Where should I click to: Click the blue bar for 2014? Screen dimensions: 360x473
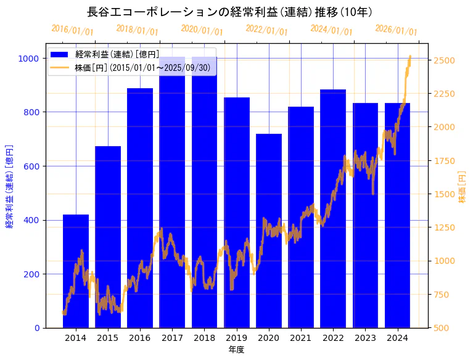click(x=76, y=271)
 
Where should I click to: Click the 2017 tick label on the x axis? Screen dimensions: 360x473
click(x=172, y=338)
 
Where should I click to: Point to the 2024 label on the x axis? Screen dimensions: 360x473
click(x=398, y=338)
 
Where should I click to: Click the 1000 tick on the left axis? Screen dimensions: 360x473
click(x=28, y=59)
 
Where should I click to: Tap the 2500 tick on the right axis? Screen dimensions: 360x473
click(x=445, y=60)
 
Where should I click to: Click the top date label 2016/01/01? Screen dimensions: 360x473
click(x=72, y=30)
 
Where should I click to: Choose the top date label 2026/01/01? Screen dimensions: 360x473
click(x=396, y=30)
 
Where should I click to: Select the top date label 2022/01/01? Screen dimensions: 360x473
click(x=266, y=30)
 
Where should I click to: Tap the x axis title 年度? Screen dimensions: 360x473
click(x=236, y=350)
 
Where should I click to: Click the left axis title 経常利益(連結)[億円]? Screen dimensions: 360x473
click(x=9, y=187)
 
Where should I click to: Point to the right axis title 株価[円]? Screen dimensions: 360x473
click(x=463, y=187)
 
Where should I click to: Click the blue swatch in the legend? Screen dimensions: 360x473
click(x=60, y=55)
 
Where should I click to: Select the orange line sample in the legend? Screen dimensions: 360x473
click(x=60, y=67)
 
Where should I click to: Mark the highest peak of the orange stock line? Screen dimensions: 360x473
click(x=410, y=56)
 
